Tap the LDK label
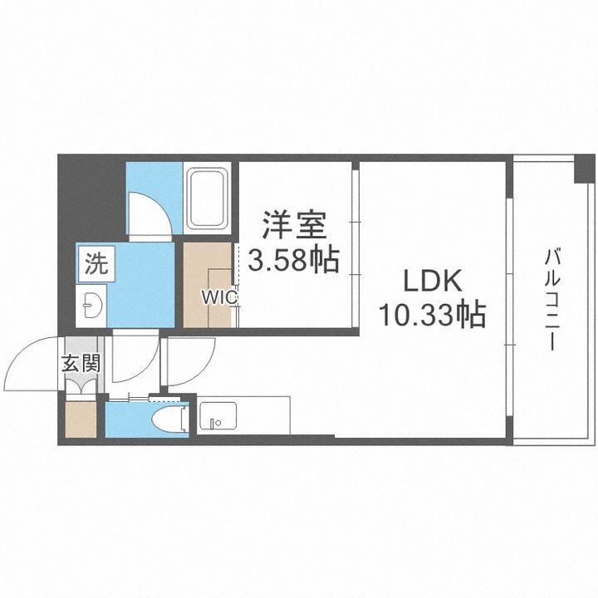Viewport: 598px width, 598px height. coord(432,282)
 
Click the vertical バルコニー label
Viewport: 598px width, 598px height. coord(550,299)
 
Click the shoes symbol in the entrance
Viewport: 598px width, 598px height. coord(81,385)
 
